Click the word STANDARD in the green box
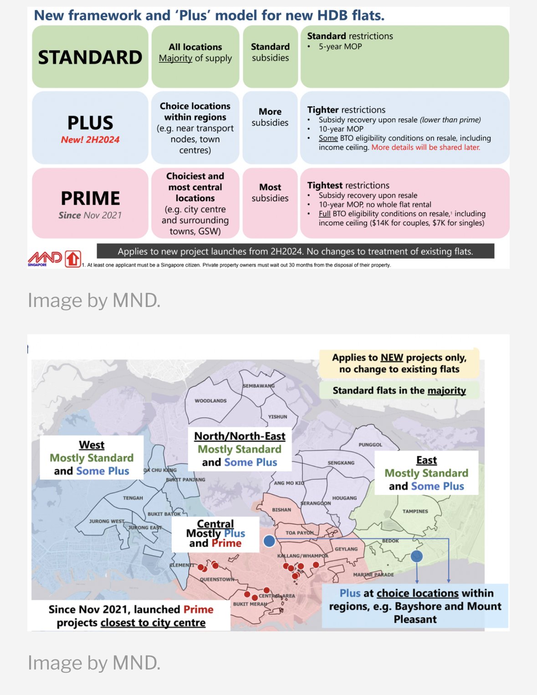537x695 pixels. tap(90, 57)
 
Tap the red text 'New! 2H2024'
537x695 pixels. tap(90, 140)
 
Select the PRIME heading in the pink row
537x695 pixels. tap(90, 198)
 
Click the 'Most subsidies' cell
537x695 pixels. tap(270, 193)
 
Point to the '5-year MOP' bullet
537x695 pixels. tap(340, 46)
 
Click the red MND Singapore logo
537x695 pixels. tap(45, 258)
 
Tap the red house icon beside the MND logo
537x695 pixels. tap(73, 259)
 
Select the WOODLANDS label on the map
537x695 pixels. tap(210, 401)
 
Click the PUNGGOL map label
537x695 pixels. tap(370, 444)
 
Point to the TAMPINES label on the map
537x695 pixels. tap(415, 511)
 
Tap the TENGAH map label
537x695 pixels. tap(133, 498)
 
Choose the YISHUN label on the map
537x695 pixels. tap(277, 417)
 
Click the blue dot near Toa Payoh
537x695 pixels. tap(269, 541)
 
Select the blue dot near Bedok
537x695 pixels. tap(416, 556)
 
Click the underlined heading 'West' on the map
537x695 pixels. tap(92, 445)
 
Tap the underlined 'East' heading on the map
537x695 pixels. tap(426, 460)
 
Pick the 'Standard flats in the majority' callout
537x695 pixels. tap(399, 390)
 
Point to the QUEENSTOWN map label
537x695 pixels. tap(217, 579)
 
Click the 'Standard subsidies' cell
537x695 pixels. tap(270, 52)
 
